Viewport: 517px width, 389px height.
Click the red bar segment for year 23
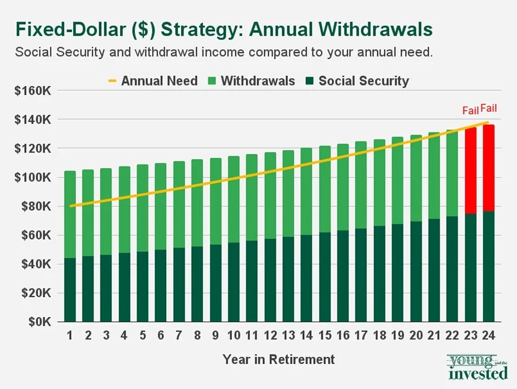click(x=471, y=171)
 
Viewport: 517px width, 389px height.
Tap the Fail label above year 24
click(x=489, y=108)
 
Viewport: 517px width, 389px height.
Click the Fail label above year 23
click(x=470, y=110)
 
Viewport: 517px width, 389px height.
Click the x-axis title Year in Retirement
click(x=279, y=360)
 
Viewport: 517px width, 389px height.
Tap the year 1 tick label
click(x=70, y=336)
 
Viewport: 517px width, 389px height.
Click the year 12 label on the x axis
click(x=270, y=336)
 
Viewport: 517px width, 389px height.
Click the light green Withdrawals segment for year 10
click(x=234, y=199)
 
